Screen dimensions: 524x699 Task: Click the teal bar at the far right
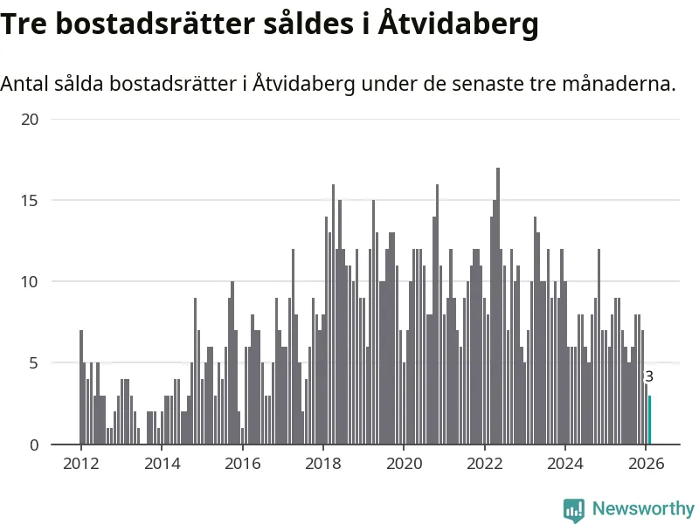tap(649, 420)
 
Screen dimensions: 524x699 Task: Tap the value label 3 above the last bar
tap(648, 377)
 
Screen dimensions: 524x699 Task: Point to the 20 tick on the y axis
tap(29, 119)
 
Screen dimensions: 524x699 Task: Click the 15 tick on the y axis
tap(29, 200)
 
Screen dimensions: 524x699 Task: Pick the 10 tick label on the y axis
tap(29, 281)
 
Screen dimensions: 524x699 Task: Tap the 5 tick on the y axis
tap(33, 362)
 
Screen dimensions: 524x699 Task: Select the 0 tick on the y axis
tap(33, 445)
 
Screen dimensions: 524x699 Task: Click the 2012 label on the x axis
tap(80, 464)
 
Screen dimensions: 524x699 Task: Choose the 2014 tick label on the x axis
tap(161, 464)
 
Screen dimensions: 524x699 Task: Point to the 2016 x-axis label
tap(242, 464)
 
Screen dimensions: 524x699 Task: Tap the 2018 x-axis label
tap(322, 464)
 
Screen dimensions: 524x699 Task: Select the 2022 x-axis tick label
tap(484, 464)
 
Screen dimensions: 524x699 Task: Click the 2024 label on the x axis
tap(564, 464)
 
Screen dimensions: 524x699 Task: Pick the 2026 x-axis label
tap(645, 464)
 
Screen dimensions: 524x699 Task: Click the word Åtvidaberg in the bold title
tap(459, 24)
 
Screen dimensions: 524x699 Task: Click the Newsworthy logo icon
tap(574, 509)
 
